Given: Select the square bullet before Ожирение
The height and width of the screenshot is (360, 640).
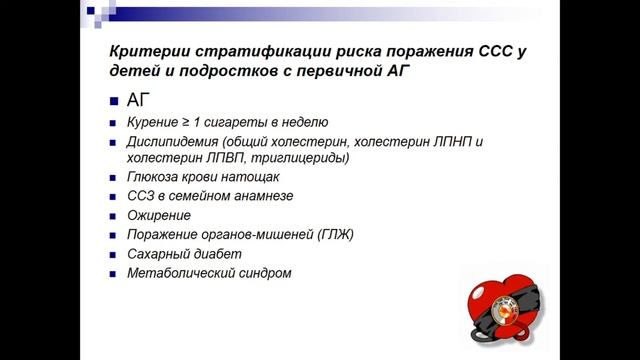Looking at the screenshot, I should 114,216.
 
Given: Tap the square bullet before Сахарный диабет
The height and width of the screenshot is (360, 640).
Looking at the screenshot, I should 114,254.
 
